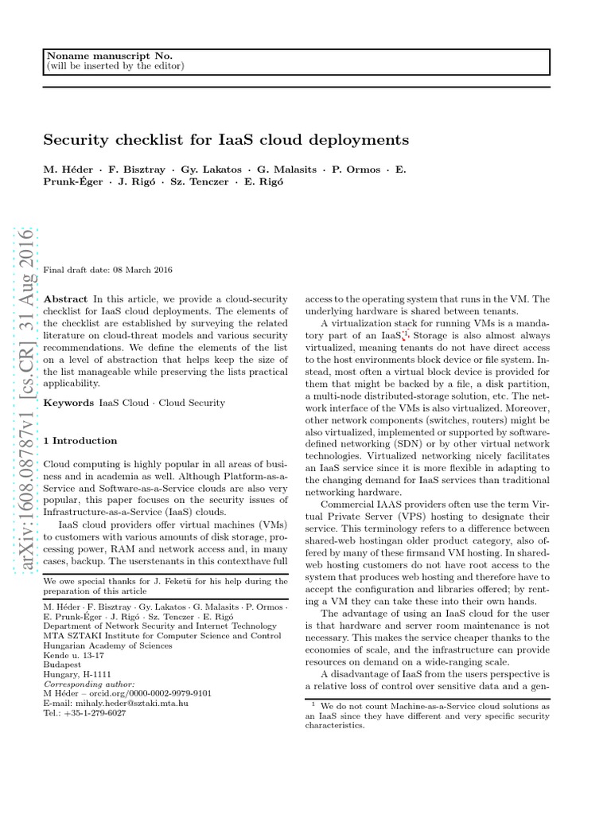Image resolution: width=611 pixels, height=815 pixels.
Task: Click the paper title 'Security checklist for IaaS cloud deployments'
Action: coord(226,140)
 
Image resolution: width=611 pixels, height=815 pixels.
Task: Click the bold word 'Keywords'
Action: coord(68,404)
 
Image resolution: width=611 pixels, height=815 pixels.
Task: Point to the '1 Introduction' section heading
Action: coord(80,440)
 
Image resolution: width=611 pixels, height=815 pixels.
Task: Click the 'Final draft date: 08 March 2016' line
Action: coord(107,271)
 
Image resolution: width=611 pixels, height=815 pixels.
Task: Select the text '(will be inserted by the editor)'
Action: coord(115,65)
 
